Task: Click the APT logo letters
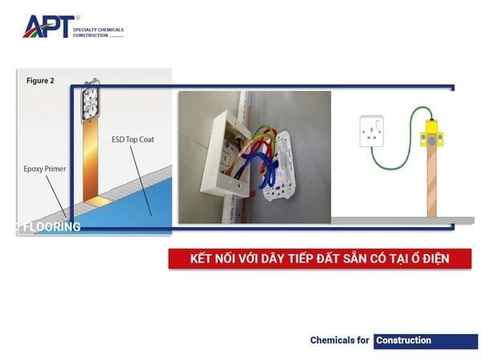49,27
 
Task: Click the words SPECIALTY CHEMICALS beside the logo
98,30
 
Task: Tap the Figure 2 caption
40,80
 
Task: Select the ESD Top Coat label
133,140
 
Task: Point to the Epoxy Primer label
45,169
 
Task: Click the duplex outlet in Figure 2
90,100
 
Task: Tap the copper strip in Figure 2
91,160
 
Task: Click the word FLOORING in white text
52,227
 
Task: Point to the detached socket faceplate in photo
280,166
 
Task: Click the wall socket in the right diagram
372,131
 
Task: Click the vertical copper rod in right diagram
432,182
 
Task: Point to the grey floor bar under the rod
402,220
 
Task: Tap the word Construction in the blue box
403,341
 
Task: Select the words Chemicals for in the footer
339,341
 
